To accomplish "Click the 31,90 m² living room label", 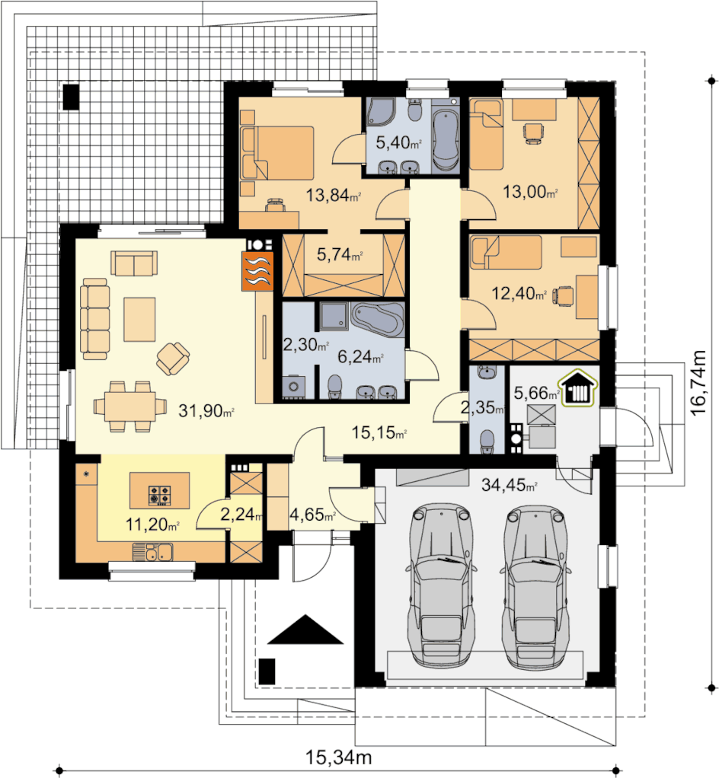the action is (x=206, y=410).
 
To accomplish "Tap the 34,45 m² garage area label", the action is (x=509, y=485).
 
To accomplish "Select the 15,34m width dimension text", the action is (x=339, y=757).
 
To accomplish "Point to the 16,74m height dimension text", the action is (x=698, y=383).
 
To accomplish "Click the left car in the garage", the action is (x=440, y=585).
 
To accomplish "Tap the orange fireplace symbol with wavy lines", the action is (x=257, y=271).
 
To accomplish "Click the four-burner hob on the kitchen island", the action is (x=159, y=495).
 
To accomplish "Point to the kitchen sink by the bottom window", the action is (x=152, y=552).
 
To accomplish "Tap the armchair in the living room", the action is (x=173, y=358).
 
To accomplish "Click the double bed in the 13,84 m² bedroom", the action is (x=278, y=153).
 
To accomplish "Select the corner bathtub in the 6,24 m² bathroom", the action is (x=377, y=319).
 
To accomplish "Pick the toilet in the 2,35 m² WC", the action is (x=487, y=441).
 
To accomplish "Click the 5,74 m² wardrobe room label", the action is (x=340, y=255).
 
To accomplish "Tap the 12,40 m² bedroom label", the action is (x=519, y=293).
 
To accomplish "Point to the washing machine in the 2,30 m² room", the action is (x=293, y=387).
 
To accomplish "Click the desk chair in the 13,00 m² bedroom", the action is (x=533, y=133).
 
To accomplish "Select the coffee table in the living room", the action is (x=139, y=320).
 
